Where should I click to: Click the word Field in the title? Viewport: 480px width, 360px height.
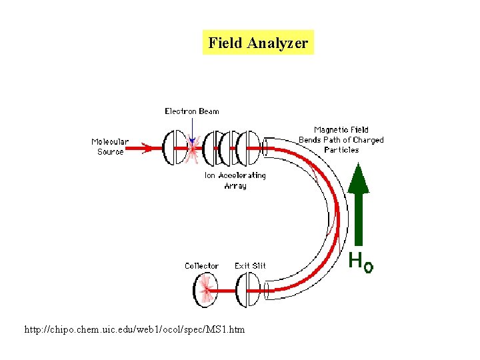[x=225, y=43]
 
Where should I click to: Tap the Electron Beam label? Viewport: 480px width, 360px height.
[x=191, y=111]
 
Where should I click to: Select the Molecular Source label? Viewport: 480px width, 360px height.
[x=110, y=147]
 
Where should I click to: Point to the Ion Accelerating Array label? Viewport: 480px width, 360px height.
[x=235, y=181]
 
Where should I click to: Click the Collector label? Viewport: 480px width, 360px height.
[x=201, y=266]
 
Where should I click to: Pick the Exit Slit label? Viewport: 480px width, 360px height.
[x=250, y=266]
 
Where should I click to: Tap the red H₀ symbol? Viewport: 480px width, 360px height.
[x=361, y=263]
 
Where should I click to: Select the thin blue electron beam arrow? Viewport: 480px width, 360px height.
[x=191, y=129]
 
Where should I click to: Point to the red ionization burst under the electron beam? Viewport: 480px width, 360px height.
[x=193, y=152]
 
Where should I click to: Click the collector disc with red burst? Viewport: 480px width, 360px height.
[x=205, y=291]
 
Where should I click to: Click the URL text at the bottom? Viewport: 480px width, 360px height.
[x=134, y=330]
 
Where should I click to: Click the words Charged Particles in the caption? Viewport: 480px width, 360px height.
[x=351, y=145]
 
